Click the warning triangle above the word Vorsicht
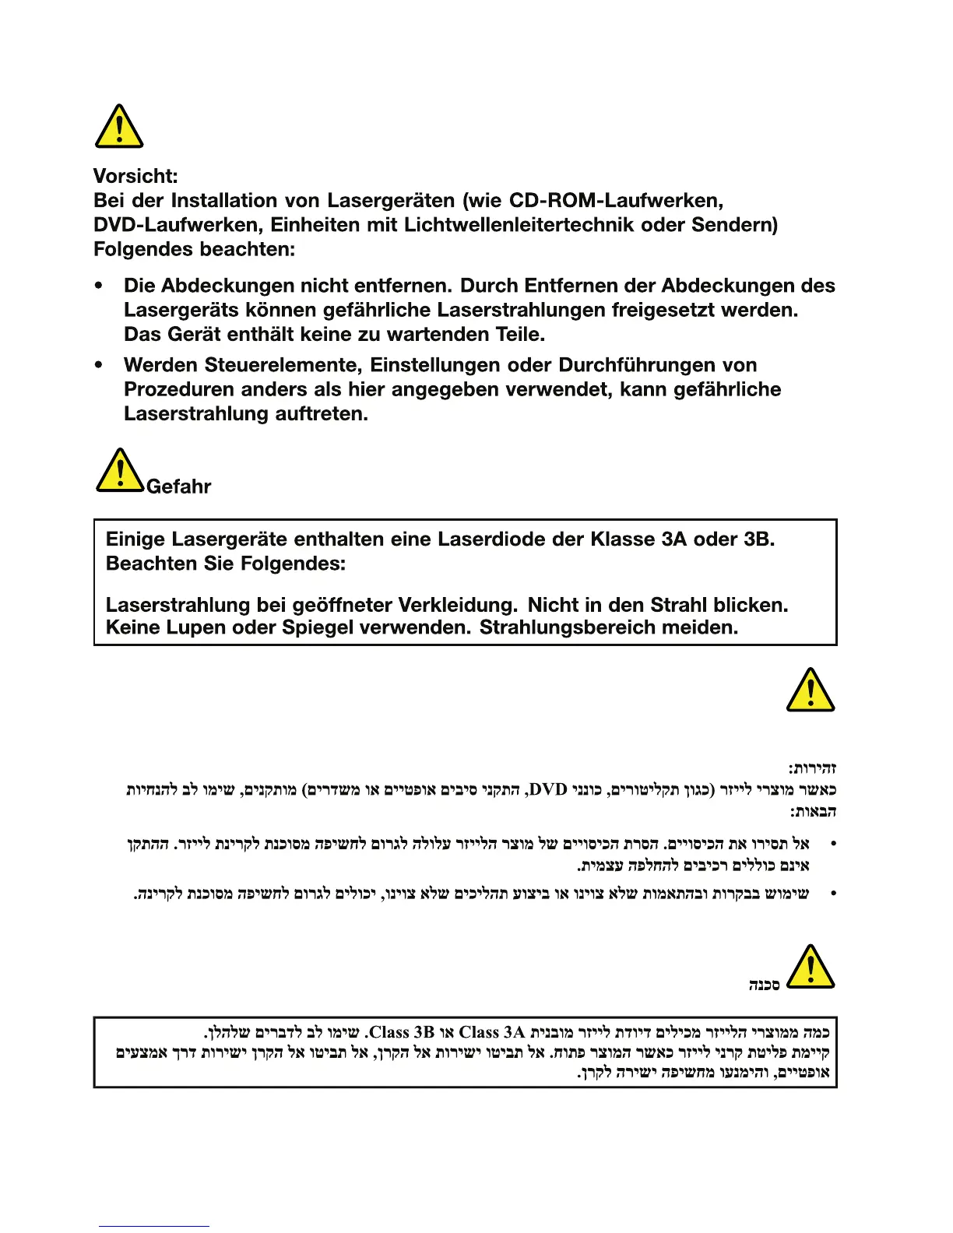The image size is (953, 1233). [118, 126]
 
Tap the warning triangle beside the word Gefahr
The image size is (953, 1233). [120, 470]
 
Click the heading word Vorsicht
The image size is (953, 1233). [135, 176]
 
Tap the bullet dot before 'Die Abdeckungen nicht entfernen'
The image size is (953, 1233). [99, 286]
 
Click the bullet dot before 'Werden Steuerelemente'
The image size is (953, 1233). [99, 364]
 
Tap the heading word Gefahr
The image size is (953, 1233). [178, 487]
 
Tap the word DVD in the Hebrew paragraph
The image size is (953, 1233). [547, 790]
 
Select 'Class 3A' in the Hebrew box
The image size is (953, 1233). [492, 1032]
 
